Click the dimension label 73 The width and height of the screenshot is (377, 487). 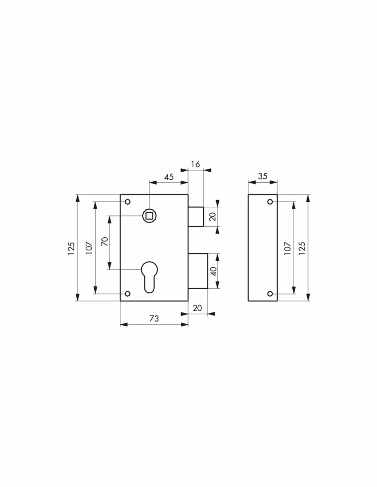[x=154, y=318]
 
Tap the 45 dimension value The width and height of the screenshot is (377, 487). [x=169, y=177]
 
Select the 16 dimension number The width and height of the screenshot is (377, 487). [x=196, y=164]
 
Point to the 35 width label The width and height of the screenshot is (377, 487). [x=263, y=176]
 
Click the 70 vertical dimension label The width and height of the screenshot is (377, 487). [x=105, y=241]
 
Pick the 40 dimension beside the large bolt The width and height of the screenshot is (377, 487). [x=213, y=271]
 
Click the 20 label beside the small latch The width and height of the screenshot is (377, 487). [x=213, y=216]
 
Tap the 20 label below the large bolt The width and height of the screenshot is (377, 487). [x=198, y=308]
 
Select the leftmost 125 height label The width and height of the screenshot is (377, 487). [x=71, y=248]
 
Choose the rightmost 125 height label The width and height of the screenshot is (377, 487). [x=302, y=248]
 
